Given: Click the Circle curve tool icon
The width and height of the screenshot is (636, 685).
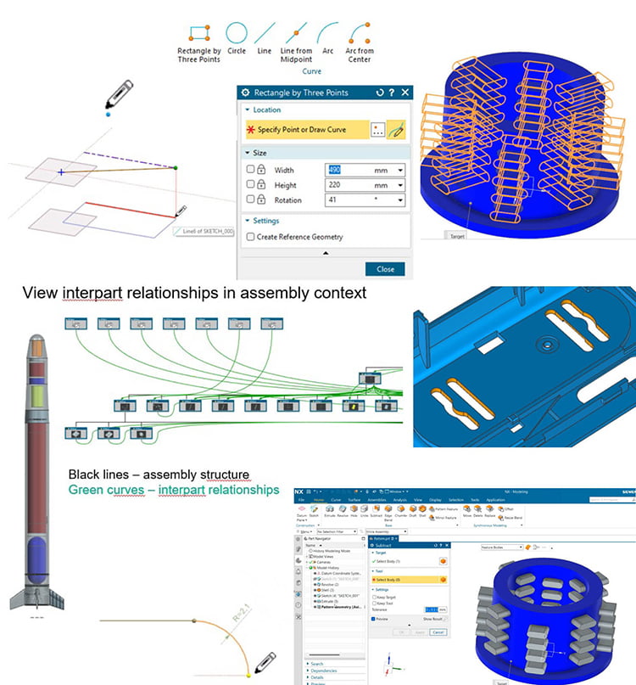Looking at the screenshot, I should (x=237, y=33).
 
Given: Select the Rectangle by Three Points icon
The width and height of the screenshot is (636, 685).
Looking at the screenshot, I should (x=199, y=33).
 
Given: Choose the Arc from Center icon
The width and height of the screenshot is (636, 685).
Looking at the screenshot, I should (x=360, y=33).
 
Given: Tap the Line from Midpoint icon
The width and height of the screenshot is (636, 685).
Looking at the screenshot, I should (x=296, y=33).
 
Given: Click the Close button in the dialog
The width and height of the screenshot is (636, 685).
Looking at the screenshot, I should (x=385, y=269).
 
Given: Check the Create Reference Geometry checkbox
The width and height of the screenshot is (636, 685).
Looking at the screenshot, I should (x=250, y=237).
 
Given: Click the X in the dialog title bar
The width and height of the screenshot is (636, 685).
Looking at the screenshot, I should (x=404, y=93).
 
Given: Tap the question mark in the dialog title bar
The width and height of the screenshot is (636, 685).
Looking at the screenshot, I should (x=392, y=93).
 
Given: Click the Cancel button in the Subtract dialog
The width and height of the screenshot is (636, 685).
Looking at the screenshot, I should (x=438, y=632).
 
